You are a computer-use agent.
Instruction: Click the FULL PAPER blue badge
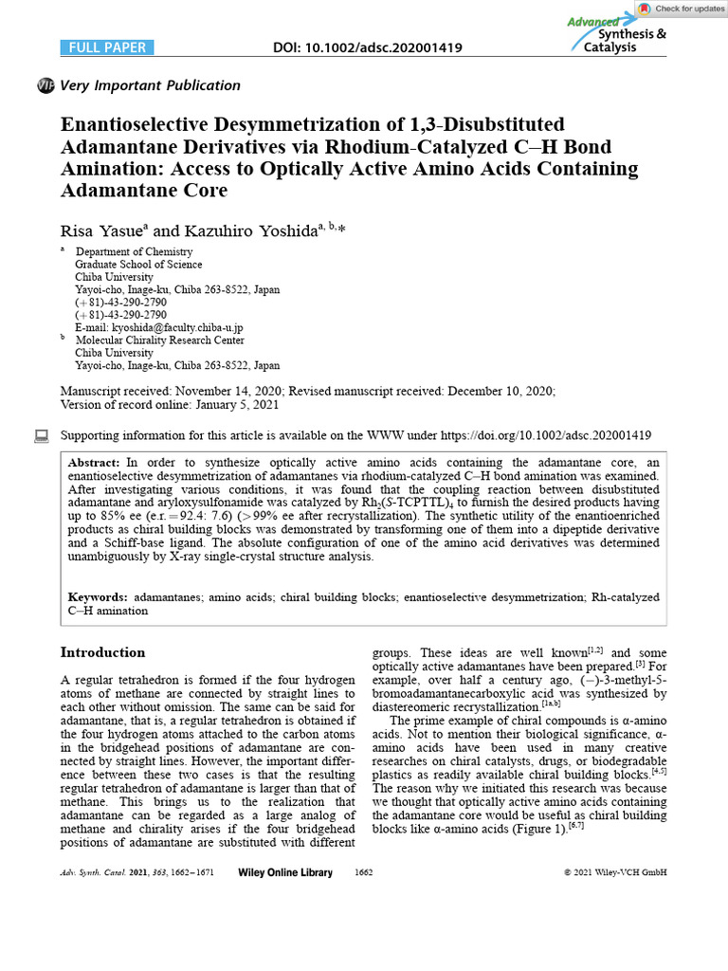[x=103, y=47]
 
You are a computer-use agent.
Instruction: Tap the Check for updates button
[x=681, y=9]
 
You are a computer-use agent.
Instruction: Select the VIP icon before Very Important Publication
[x=45, y=86]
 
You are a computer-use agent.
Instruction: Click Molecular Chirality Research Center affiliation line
[x=159, y=340]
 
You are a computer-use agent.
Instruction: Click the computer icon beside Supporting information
[x=41, y=436]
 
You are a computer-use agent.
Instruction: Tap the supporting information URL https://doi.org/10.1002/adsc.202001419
[x=547, y=436]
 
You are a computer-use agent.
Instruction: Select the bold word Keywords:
[x=98, y=597]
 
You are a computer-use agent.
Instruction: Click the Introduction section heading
[x=102, y=652]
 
